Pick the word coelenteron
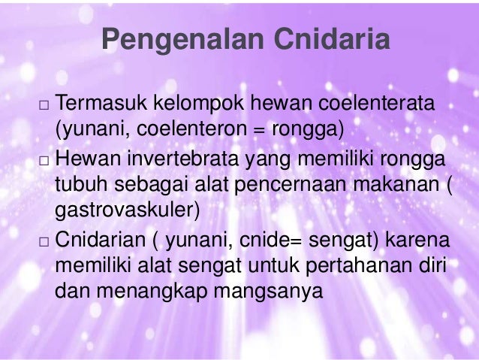tap(193, 129)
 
